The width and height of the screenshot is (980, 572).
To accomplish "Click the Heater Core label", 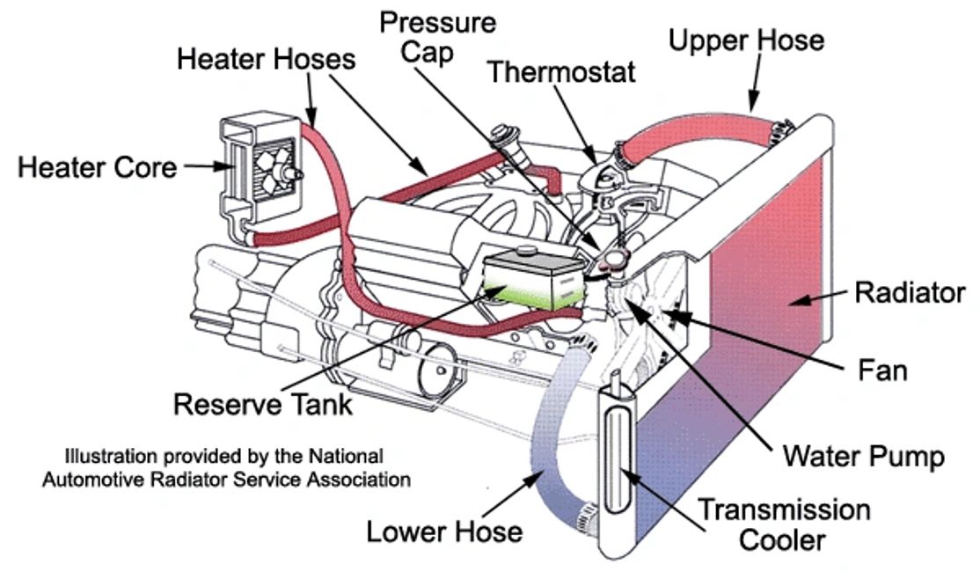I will click(97, 166).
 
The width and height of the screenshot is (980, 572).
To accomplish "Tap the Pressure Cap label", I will click(437, 37).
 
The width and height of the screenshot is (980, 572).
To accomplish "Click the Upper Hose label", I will click(746, 40).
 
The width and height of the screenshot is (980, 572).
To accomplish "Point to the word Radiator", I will click(910, 293).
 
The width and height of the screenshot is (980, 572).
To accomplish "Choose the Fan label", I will click(882, 370).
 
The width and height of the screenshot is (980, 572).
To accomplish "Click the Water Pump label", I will click(864, 456).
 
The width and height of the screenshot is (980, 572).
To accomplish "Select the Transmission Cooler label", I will click(783, 524).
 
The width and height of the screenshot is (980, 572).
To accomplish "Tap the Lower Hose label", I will click(444, 532).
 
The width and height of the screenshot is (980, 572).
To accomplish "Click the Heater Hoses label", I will click(266, 59).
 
